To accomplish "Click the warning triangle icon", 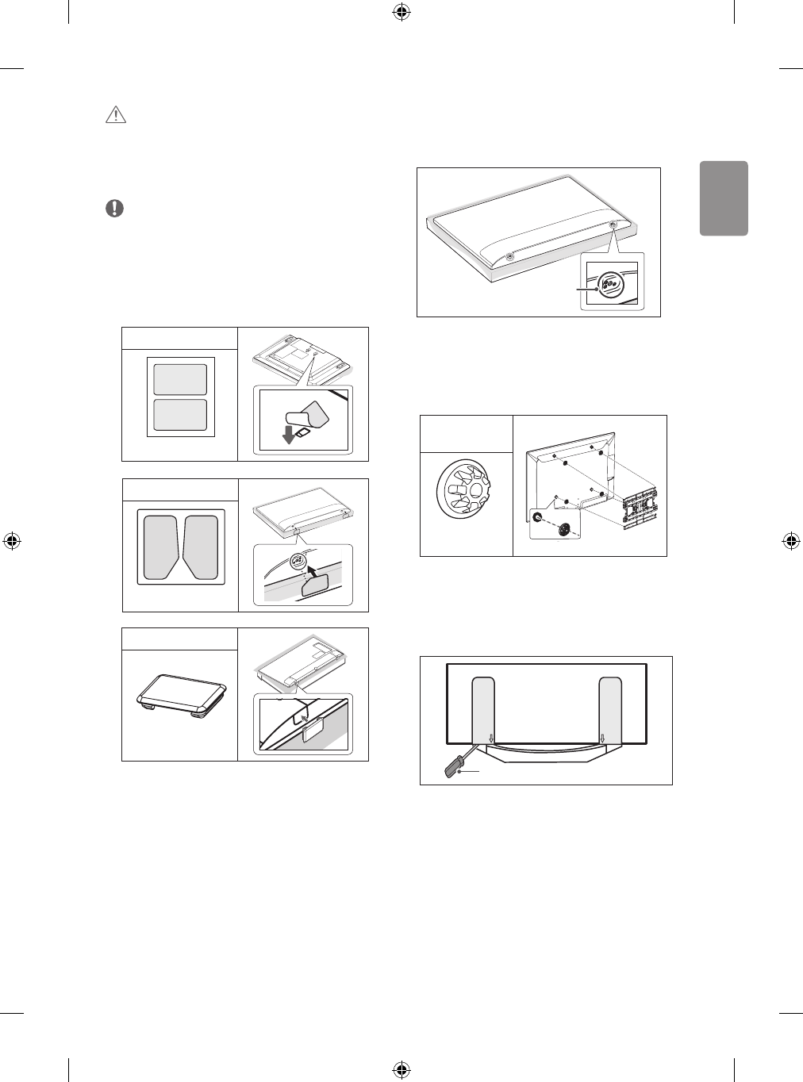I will click(x=116, y=116).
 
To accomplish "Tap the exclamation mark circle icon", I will click(x=116, y=209).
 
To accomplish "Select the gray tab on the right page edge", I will click(x=724, y=198).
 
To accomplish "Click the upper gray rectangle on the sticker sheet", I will click(x=180, y=379).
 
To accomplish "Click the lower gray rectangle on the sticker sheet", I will click(x=180, y=415).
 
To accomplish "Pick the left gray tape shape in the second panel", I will click(x=161, y=546).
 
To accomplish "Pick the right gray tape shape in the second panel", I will click(x=201, y=546).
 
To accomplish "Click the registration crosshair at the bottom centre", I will click(x=401, y=1069).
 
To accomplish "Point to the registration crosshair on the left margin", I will click(x=12, y=541).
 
